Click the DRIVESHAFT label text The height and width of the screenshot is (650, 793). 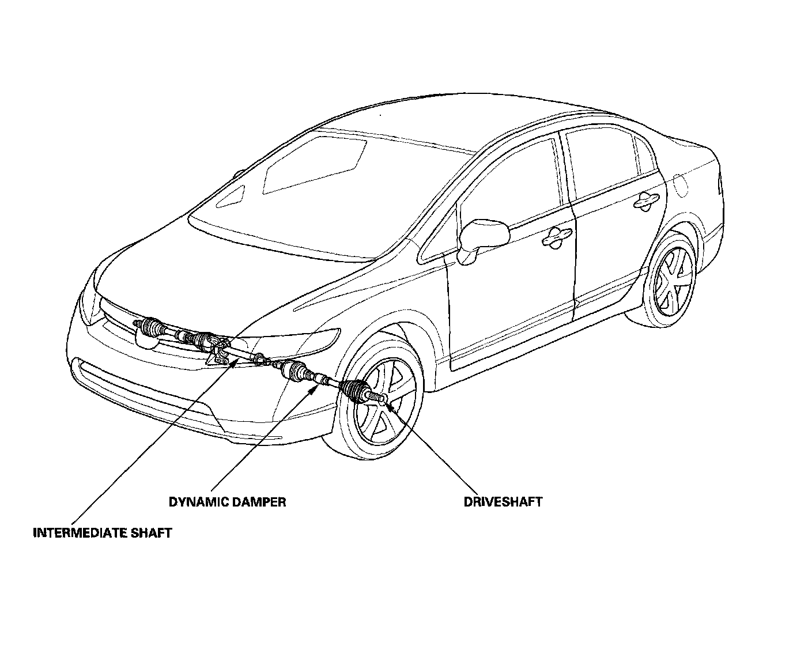(x=503, y=502)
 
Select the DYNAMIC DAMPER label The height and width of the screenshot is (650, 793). (x=227, y=502)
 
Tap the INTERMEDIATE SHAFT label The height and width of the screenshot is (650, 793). (x=103, y=532)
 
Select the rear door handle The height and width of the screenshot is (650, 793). (x=645, y=201)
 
